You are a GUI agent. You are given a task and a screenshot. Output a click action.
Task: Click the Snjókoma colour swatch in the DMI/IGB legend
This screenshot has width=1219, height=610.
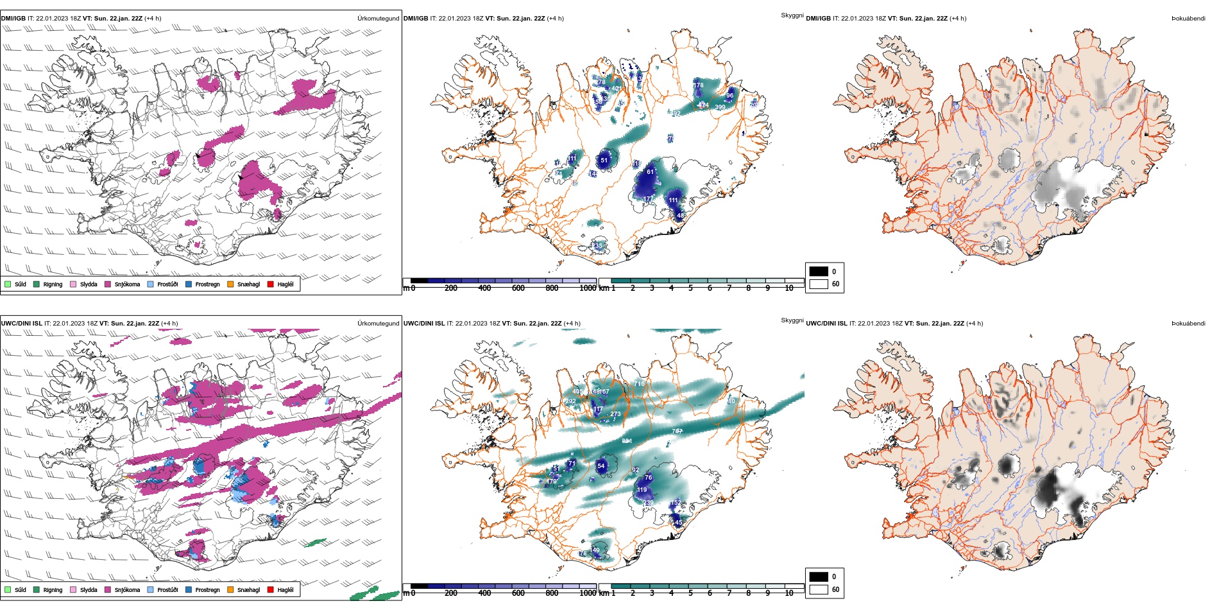(108, 284)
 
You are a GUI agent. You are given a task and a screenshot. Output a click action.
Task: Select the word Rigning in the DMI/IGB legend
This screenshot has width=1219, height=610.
(53, 284)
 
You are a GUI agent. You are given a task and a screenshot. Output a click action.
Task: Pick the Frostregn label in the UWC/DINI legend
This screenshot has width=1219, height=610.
(207, 589)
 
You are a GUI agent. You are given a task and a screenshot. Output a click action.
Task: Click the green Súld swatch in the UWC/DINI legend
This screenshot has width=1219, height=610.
(8, 589)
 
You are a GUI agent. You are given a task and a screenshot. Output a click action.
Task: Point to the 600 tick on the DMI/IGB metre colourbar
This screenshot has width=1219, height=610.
(518, 288)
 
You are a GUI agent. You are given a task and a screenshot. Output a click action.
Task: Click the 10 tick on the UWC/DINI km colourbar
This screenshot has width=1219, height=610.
(789, 593)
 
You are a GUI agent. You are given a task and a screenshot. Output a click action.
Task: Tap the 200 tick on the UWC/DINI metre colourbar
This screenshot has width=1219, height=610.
(451, 593)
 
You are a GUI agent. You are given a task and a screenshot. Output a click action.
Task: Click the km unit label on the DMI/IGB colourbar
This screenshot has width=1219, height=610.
(604, 288)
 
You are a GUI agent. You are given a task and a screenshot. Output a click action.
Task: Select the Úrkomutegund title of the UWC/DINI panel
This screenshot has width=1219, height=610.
(378, 323)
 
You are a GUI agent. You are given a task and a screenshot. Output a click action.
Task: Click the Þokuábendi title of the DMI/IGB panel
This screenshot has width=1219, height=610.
(1188, 19)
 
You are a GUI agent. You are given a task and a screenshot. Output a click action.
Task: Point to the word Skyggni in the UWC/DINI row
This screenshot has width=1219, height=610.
(792, 320)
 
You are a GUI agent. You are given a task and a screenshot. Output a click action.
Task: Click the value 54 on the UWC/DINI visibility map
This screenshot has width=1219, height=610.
(601, 466)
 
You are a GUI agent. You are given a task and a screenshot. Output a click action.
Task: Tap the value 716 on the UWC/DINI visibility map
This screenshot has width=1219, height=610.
(639, 384)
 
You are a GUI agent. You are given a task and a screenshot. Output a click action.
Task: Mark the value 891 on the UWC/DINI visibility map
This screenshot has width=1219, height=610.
(627, 441)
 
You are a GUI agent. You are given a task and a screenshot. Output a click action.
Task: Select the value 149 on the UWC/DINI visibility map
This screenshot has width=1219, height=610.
(595, 550)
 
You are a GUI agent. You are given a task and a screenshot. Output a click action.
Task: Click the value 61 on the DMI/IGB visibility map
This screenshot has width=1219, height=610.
(650, 172)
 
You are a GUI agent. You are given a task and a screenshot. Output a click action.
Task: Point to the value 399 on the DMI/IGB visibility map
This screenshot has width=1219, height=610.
(720, 107)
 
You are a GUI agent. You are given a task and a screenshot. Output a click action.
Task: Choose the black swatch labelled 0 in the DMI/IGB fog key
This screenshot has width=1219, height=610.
(819, 271)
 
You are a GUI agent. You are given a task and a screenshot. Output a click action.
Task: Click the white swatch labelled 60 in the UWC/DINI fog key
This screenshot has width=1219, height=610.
(819, 589)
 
